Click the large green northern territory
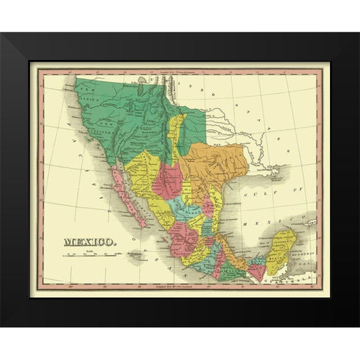[135, 112]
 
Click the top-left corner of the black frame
[2, 34]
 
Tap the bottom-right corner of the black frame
[358, 323]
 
